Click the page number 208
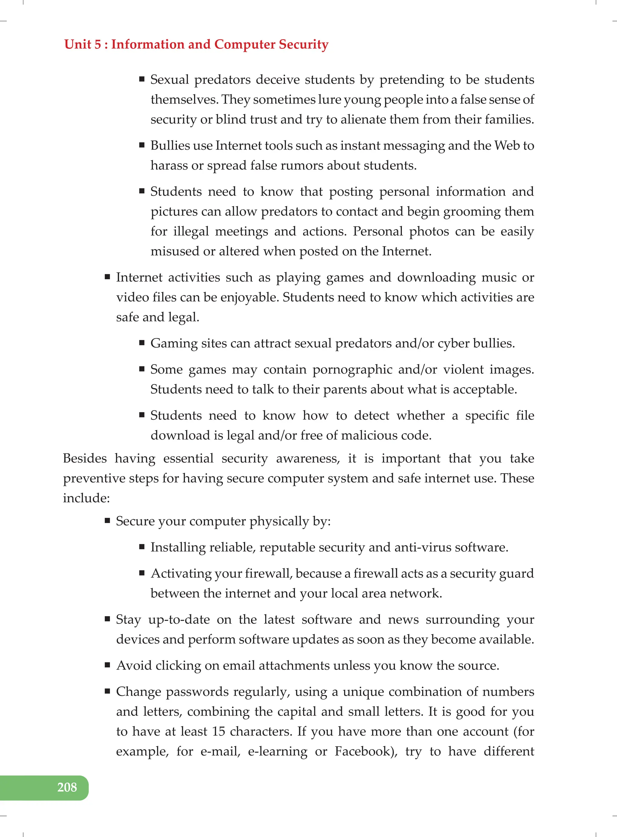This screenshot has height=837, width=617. pyautogui.click(x=67, y=787)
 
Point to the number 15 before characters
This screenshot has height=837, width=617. pyautogui.click(x=218, y=731)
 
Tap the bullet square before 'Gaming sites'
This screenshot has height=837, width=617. pyautogui.click(x=142, y=343)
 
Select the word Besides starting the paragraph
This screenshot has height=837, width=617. pyautogui.click(x=85, y=458)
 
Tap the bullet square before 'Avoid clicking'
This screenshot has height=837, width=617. pyautogui.click(x=108, y=665)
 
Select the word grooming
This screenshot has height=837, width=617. pyautogui.click(x=472, y=212)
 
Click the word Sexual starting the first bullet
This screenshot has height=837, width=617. pyautogui.click(x=170, y=80)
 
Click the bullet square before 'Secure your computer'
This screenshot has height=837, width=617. pyautogui.click(x=108, y=521)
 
